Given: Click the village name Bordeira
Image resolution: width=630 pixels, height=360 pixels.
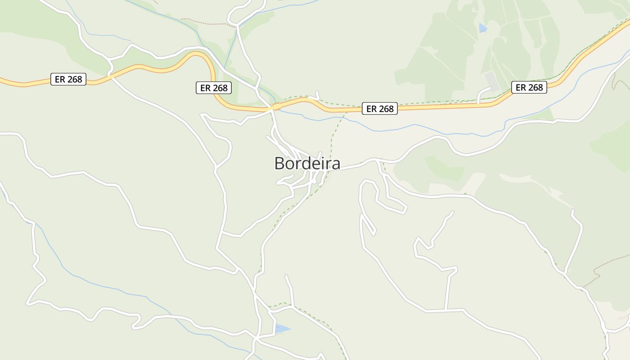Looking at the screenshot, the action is [307, 163].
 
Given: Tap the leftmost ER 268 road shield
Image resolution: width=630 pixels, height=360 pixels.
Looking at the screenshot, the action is [68, 80].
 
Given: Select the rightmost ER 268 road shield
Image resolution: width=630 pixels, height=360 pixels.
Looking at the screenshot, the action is [529, 87].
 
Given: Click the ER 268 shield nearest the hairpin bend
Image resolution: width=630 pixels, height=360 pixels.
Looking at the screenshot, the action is [214, 88].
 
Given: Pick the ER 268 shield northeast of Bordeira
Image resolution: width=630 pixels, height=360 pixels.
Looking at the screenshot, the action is [380, 108].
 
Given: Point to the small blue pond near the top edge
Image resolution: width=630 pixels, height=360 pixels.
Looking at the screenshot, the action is [482, 28].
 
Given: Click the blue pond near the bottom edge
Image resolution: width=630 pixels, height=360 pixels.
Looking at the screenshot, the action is [281, 329].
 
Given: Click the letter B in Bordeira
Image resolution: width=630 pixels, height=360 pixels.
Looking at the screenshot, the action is [280, 163].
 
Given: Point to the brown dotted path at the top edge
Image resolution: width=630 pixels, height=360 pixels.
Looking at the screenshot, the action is [207, 22].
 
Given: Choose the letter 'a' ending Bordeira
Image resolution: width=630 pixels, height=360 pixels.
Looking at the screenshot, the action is [335, 164].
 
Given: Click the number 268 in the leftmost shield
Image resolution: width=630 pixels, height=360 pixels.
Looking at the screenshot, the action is [75, 80].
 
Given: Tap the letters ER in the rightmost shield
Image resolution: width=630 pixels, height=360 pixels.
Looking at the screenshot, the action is [521, 87].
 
